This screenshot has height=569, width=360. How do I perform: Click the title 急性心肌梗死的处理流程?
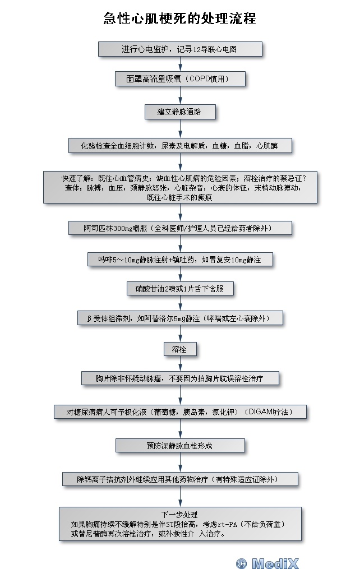pyautogui.click(x=179, y=18)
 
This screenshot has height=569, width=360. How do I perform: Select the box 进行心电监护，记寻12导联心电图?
pyautogui.click(x=181, y=49)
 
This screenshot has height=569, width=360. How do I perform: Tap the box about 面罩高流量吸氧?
pyautogui.click(x=181, y=78)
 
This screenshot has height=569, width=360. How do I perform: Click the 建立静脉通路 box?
pyautogui.click(x=180, y=112)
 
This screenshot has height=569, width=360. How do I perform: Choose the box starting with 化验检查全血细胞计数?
pyautogui.click(x=180, y=145)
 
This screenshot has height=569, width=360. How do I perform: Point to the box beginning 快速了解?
pyautogui.click(x=180, y=187)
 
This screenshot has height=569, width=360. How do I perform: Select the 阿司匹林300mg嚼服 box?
pyautogui.click(x=180, y=228)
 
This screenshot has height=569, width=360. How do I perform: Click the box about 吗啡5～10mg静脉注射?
pyautogui.click(x=180, y=260)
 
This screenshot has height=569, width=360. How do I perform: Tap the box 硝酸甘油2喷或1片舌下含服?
pyautogui.click(x=180, y=289)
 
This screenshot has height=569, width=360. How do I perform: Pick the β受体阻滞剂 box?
pyautogui.click(x=180, y=318)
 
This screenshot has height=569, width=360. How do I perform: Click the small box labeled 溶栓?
pyautogui.click(x=180, y=349)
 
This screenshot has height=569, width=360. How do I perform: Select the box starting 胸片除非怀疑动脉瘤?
pyautogui.click(x=180, y=378)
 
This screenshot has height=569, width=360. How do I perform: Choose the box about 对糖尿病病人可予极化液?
pyautogui.click(x=180, y=412)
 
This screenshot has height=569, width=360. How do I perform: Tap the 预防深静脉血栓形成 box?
pyautogui.click(x=180, y=446)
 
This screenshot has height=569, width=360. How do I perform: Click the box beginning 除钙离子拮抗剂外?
pyautogui.click(x=180, y=479)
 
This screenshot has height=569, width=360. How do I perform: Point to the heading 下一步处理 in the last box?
pyautogui.click(x=180, y=514)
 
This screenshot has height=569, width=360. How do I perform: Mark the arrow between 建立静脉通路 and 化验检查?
pyautogui.click(x=180, y=128)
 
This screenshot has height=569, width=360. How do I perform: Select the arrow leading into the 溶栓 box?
pyautogui.click(x=180, y=334)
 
